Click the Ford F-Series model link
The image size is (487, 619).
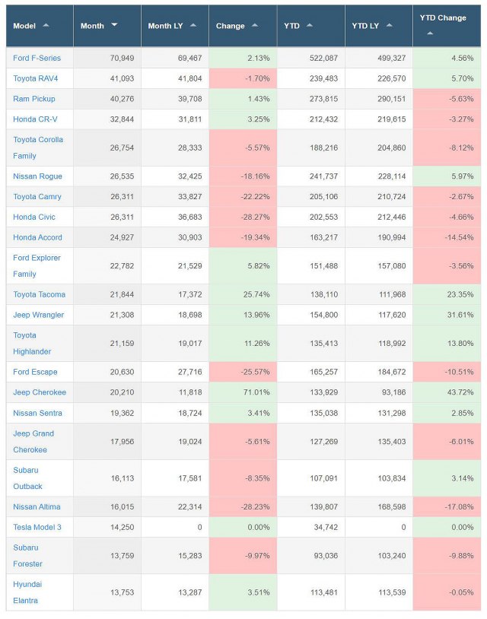37,58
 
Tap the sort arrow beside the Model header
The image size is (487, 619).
46,25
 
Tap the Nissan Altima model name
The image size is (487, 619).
37,506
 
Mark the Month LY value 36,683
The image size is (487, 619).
186,217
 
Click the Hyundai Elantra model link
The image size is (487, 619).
30,592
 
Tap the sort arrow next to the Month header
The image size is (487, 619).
114,25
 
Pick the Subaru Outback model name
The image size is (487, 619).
28,478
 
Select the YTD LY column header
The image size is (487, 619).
366,26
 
